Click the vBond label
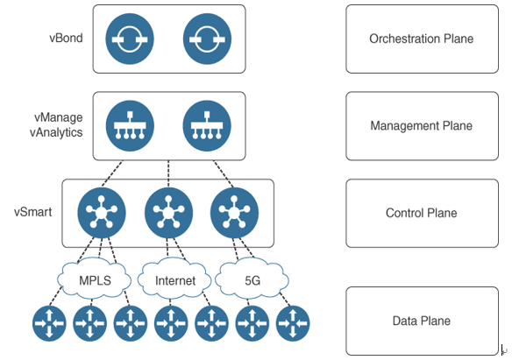(66, 39)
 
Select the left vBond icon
(130, 39)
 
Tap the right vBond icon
(207, 39)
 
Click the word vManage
(59, 117)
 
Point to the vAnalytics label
(56, 133)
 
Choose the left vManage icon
(130, 126)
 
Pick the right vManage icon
(207, 126)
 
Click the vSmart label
(33, 212)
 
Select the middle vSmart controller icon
(168, 213)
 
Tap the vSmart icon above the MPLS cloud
(101, 213)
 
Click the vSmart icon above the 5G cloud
(234, 213)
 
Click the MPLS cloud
(95, 279)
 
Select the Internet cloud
(174, 279)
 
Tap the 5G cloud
(252, 279)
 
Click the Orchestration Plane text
(422, 39)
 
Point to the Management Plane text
(422, 126)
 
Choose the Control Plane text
(422, 213)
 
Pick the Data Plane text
(422, 321)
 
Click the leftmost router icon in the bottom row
(49, 323)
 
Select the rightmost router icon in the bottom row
(293, 323)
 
